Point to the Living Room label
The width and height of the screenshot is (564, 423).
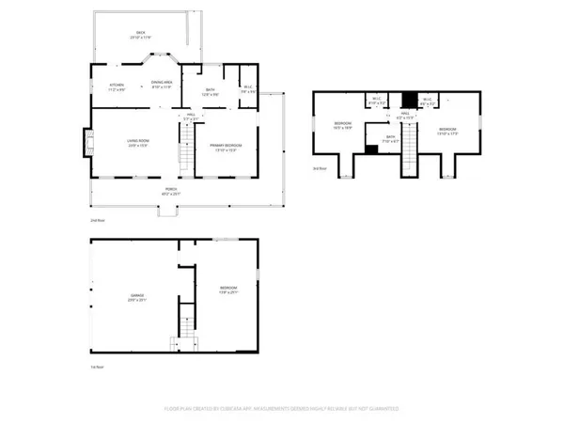tap(138, 144)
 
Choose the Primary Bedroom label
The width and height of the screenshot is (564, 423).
tap(226, 147)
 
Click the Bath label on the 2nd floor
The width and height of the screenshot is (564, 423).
tap(212, 92)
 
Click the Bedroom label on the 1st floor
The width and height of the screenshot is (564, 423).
tap(228, 289)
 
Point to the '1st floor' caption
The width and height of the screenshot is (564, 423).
tap(96, 367)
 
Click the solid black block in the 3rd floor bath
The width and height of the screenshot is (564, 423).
tap(371, 149)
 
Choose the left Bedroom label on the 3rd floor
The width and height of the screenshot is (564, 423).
tap(342, 125)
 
